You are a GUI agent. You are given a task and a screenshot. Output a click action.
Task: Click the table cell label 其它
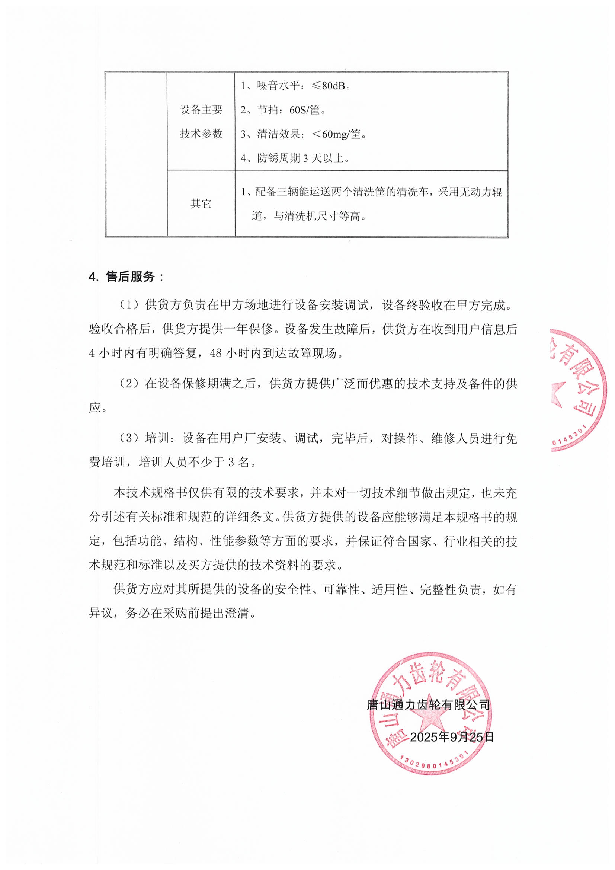201,204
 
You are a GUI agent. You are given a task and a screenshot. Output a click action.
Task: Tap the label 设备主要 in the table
201,109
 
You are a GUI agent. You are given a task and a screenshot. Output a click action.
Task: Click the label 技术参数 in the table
201,134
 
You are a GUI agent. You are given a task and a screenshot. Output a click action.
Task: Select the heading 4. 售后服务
126,277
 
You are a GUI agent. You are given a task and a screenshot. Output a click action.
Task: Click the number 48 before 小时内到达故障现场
216,353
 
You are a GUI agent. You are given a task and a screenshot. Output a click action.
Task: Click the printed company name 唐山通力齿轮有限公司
429,705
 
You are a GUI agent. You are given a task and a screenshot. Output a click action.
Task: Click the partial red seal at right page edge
578,390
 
